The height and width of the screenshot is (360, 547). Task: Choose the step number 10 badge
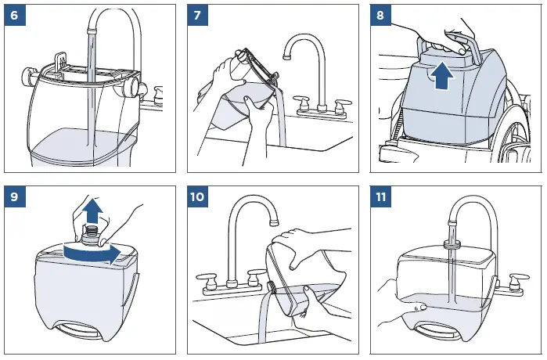point(199,196)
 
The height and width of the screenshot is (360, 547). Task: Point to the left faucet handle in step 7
point(301,102)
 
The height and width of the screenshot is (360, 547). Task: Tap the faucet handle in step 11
point(516,279)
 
